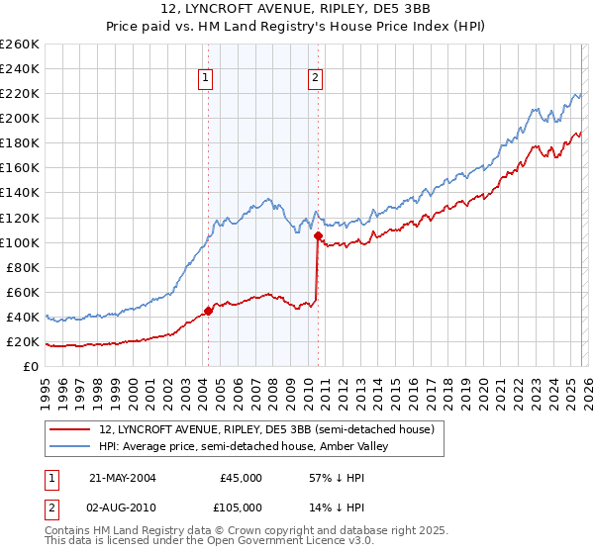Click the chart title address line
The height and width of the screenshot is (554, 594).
pos(297,9)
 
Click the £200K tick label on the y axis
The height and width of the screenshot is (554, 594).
pos(20,118)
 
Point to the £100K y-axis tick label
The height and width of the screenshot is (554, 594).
pos(20,242)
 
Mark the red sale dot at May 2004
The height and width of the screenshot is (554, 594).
pos(208,311)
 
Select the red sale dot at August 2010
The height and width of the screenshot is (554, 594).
pos(318,236)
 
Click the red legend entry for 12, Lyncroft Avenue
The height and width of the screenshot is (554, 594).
pos(266,429)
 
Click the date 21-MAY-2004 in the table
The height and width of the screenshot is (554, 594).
pos(122,477)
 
